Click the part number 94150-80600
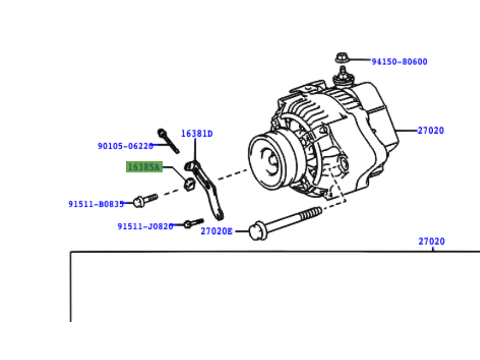point(399,62)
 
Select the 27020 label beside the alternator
point(430,131)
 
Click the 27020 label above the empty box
point(432,241)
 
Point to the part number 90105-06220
point(125,146)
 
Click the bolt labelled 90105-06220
point(167,140)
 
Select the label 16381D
point(197,134)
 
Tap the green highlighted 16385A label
point(144,166)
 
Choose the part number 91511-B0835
point(96,204)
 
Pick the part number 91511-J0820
point(145,226)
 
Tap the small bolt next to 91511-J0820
point(192,223)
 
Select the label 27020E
point(216,231)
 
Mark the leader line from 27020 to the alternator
point(407,131)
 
